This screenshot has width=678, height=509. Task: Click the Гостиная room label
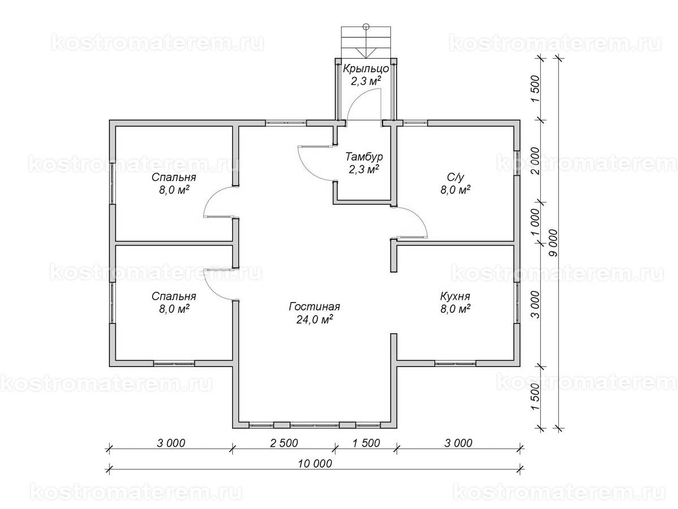click(x=314, y=307)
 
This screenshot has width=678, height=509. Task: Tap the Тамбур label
click(x=364, y=157)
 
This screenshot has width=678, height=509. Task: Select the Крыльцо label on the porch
click(x=366, y=68)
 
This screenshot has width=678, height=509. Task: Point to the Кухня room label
click(x=455, y=296)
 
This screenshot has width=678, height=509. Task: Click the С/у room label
click(x=455, y=178)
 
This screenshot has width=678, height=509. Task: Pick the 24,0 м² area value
click(x=314, y=320)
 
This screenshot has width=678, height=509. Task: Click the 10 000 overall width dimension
click(x=315, y=463)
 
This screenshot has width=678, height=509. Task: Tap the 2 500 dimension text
click(x=284, y=443)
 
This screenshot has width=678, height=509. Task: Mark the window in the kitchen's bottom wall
click(x=455, y=364)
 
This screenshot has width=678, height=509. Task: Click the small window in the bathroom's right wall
click(x=517, y=163)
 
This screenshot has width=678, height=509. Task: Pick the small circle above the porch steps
click(x=366, y=26)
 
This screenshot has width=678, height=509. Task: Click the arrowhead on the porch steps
click(x=366, y=53)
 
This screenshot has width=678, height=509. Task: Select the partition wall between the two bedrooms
click(x=174, y=243)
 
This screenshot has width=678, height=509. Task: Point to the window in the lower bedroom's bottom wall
click(x=174, y=364)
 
